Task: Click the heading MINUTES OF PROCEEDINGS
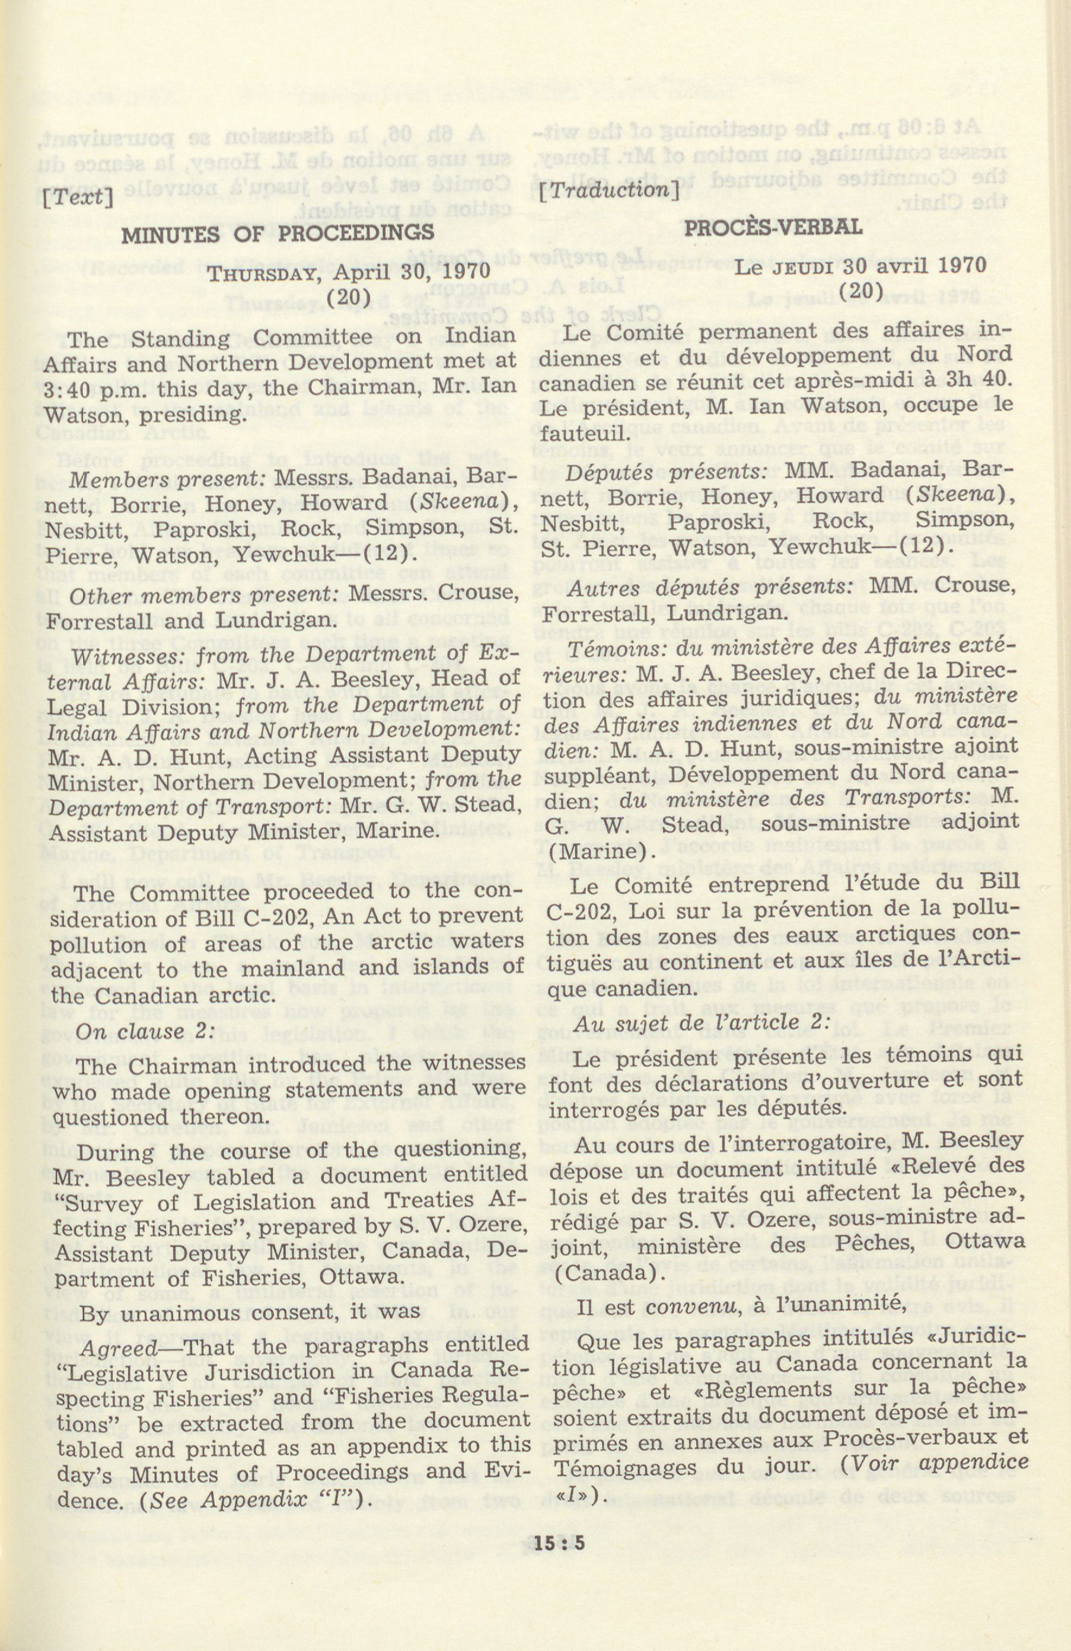coord(278,232)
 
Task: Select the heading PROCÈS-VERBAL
coord(773,227)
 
